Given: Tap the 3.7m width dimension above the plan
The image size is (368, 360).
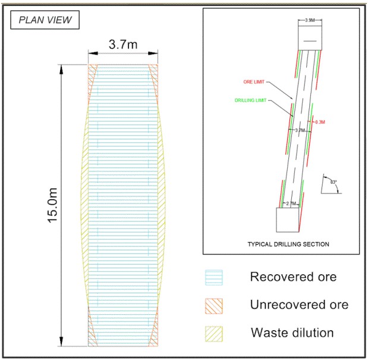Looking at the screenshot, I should pos(124,45).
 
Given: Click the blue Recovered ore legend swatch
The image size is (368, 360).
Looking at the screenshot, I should pos(213,278).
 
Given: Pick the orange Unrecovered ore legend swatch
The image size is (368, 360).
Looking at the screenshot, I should pos(213,305).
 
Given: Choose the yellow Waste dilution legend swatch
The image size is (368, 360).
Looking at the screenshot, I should pos(213,333).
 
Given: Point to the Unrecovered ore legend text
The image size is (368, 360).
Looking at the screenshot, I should pos(299,305).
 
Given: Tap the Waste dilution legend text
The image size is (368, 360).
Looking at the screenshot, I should pos(291,333).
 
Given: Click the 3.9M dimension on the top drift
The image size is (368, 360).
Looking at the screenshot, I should pos(310,21).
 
